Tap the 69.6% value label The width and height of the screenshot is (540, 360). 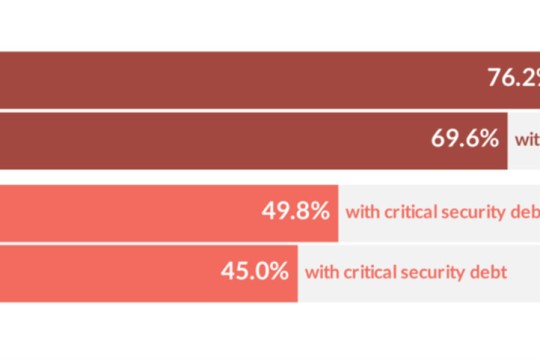[x=465, y=139]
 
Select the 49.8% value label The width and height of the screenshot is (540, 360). [x=296, y=212]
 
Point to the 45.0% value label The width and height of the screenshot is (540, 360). [x=255, y=270]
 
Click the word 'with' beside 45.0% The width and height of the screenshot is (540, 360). [x=321, y=271]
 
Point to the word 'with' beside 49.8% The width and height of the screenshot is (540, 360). [x=362, y=213]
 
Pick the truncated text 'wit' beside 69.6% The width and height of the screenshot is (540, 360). [x=527, y=140]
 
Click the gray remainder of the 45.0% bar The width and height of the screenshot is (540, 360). [x=525, y=284]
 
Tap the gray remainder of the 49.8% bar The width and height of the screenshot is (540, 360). [x=440, y=232]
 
